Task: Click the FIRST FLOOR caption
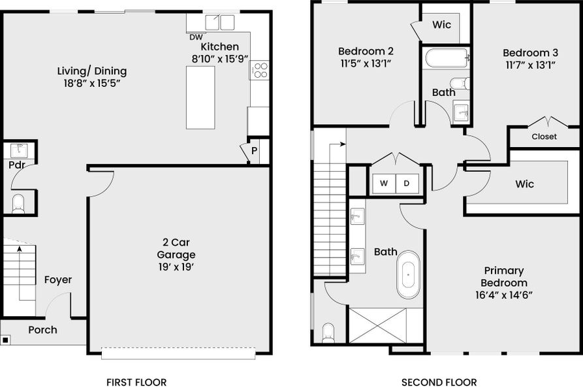(136, 382)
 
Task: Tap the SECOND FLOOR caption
(439, 382)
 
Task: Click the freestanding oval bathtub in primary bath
(409, 274)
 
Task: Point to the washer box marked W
(384, 184)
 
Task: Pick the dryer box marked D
(406, 184)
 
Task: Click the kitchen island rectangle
(200, 97)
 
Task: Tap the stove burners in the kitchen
(259, 70)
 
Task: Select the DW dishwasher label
(196, 37)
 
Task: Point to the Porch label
(42, 330)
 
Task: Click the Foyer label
(58, 280)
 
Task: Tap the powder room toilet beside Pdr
(18, 203)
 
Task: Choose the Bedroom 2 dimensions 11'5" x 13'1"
(365, 63)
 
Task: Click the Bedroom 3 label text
(529, 52)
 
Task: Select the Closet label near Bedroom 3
(544, 137)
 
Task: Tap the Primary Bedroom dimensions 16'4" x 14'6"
(503, 295)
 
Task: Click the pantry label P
(254, 150)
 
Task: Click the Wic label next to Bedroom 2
(441, 25)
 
